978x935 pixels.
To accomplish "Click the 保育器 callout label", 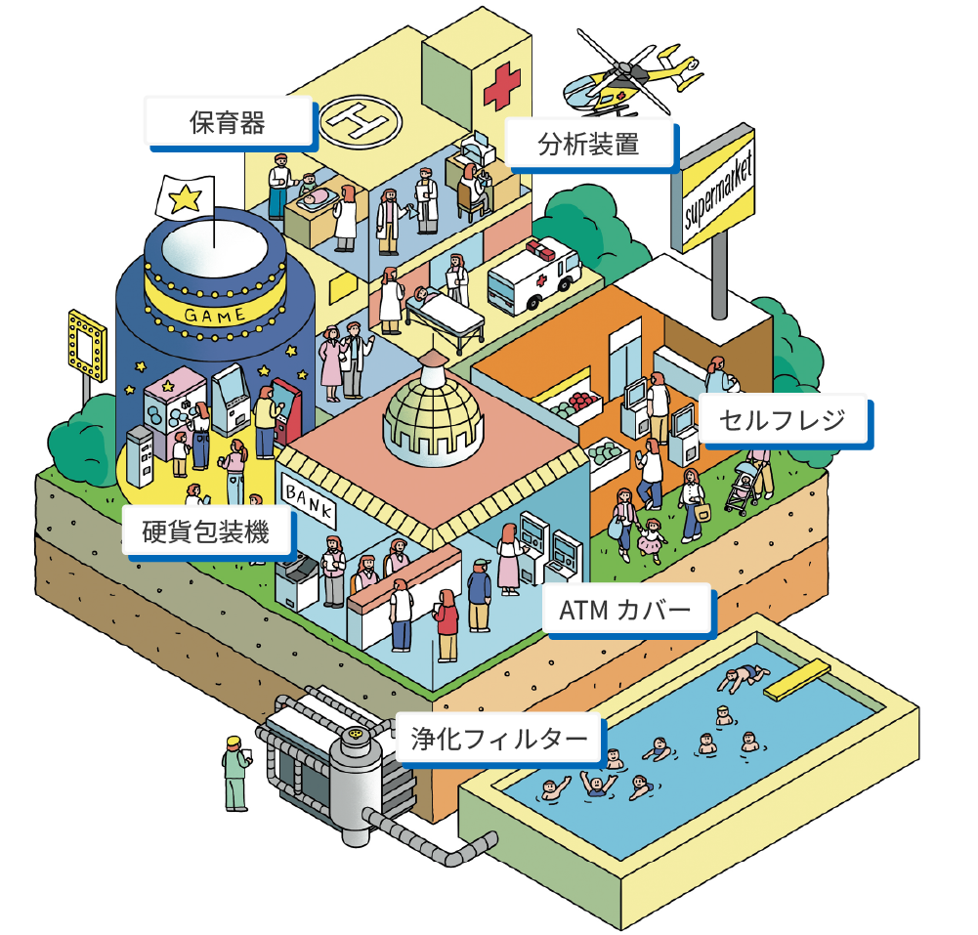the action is pyautogui.click(x=230, y=122).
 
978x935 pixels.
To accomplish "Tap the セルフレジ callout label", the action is pyautogui.click(x=784, y=420).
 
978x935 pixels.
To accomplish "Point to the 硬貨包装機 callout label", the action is pyautogui.click(x=207, y=532).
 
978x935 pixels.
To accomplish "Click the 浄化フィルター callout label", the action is pyautogui.click(x=500, y=740).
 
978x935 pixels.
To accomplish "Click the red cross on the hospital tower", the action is pyautogui.click(x=502, y=86).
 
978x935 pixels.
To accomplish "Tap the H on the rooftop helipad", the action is pyautogui.click(x=361, y=118).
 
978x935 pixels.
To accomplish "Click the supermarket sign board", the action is pyautogui.click(x=717, y=189).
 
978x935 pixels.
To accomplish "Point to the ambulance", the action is pyautogui.click(x=533, y=275).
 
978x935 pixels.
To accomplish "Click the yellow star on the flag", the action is pyautogui.click(x=186, y=199).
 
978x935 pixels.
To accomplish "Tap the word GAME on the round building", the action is pyautogui.click(x=215, y=315).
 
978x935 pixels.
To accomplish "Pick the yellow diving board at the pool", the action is pyautogui.click(x=797, y=679).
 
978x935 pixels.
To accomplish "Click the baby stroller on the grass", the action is pyautogui.click(x=744, y=488).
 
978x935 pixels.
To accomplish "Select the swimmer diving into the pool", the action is pyautogui.click(x=743, y=677).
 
